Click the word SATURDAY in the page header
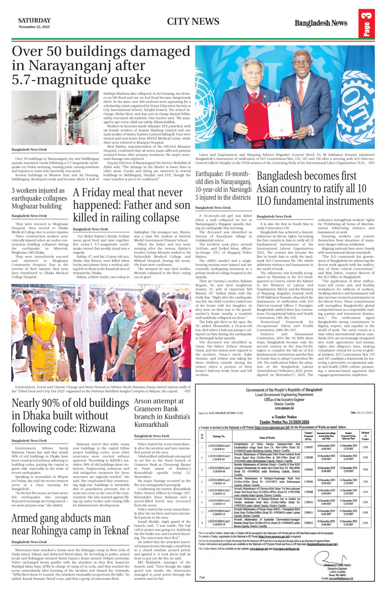point(34,20)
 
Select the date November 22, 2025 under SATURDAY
point(34,27)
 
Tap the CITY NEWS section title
point(193,22)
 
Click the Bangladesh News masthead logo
point(321,23)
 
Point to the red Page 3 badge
point(366,24)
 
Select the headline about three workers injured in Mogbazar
point(39,198)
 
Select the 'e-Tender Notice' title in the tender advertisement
point(284,417)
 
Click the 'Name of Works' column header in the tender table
point(267,438)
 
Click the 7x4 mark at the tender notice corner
point(201,577)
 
